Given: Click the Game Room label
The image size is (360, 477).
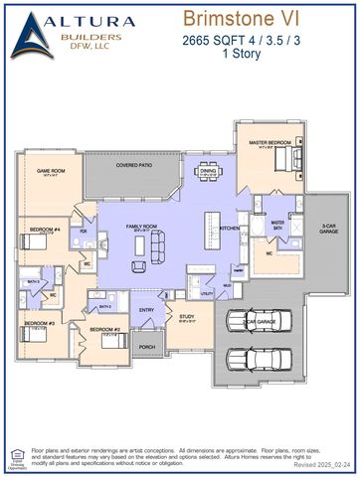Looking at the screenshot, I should (x=51, y=171).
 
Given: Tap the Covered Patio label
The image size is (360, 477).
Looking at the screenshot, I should (x=132, y=166).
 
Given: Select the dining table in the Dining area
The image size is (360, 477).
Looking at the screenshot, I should (x=208, y=181).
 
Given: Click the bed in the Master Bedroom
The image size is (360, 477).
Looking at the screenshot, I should (x=279, y=160).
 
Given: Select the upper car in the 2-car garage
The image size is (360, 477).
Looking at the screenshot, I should (x=256, y=322).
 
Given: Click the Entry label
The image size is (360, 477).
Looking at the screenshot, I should (x=146, y=310).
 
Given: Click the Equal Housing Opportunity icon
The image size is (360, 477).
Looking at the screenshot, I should (x=14, y=459).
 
